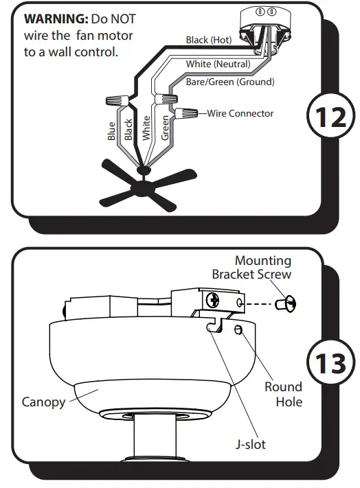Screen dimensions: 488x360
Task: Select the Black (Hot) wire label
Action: pyautogui.click(x=209, y=40)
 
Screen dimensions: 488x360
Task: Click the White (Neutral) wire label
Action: pyautogui.click(x=218, y=65)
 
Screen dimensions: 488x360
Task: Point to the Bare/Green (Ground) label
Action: pyautogui.click(x=230, y=82)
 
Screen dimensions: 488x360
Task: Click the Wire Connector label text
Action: pyautogui.click(x=240, y=113)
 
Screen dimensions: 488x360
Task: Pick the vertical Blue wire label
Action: pyautogui.click(x=112, y=131)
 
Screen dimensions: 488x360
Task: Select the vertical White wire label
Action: pyautogui.click(x=146, y=128)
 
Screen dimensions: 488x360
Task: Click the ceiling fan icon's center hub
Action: pyautogui.click(x=144, y=185)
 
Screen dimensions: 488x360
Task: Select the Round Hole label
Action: pyautogui.click(x=283, y=394)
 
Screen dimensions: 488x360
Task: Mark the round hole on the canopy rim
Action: pyautogui.click(x=237, y=331)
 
